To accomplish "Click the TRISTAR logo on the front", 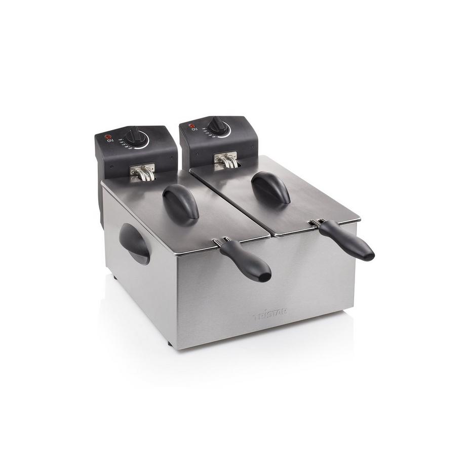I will pos(270,317).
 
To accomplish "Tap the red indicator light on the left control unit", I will pos(107,137).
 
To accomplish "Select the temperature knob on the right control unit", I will pos(218,125).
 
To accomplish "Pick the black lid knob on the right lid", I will pos(271,187).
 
